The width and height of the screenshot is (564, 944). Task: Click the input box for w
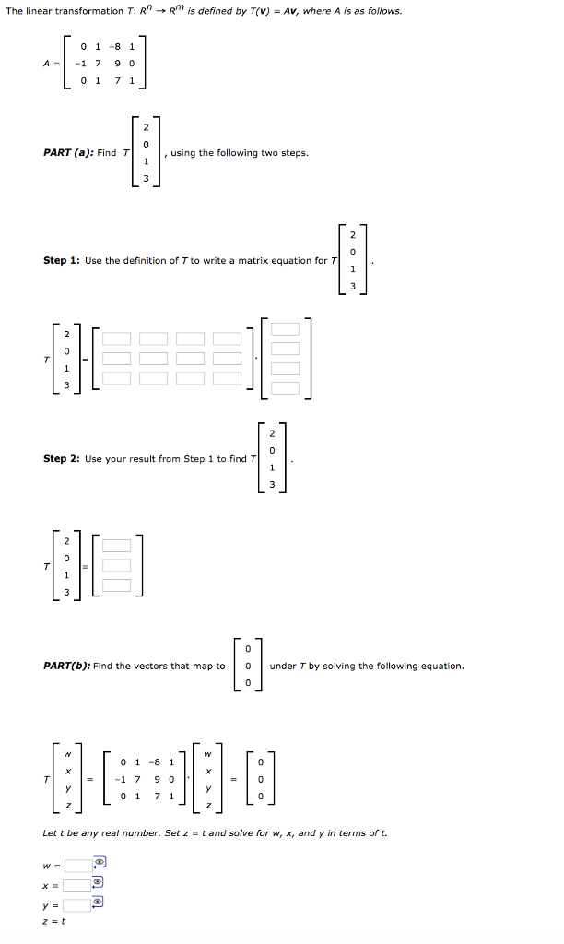click(x=76, y=865)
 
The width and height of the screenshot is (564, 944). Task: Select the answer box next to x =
click(x=76, y=884)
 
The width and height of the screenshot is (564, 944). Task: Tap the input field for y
click(x=76, y=904)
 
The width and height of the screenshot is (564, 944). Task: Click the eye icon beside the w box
click(x=99, y=864)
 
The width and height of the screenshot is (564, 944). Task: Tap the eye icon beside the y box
click(x=99, y=903)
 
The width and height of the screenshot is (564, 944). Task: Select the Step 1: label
click(x=62, y=261)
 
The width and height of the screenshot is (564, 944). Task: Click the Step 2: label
click(x=62, y=459)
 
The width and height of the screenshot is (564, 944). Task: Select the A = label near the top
click(x=51, y=64)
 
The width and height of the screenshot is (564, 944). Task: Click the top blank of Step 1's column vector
click(x=285, y=329)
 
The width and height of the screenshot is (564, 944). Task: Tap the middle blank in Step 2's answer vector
click(x=116, y=565)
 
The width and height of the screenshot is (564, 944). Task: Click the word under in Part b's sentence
click(x=280, y=666)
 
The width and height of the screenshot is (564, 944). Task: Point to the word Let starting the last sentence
click(x=51, y=833)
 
